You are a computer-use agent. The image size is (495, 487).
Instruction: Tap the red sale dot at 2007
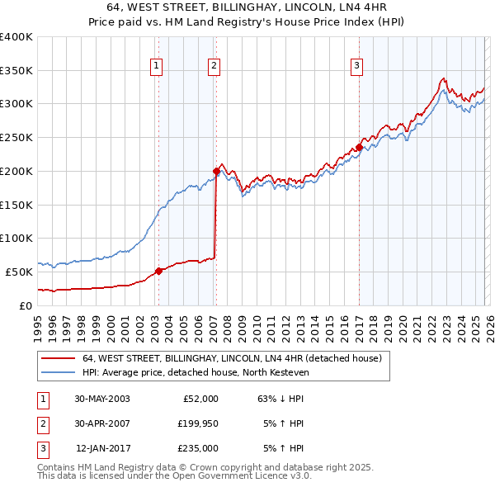[x=215, y=171]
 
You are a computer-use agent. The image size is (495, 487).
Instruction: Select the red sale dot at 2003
[x=158, y=270]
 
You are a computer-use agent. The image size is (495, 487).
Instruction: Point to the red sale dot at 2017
[x=359, y=148]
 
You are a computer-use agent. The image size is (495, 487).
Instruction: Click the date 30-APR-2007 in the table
[x=101, y=423]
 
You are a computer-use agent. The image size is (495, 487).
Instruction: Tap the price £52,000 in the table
[x=200, y=398]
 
